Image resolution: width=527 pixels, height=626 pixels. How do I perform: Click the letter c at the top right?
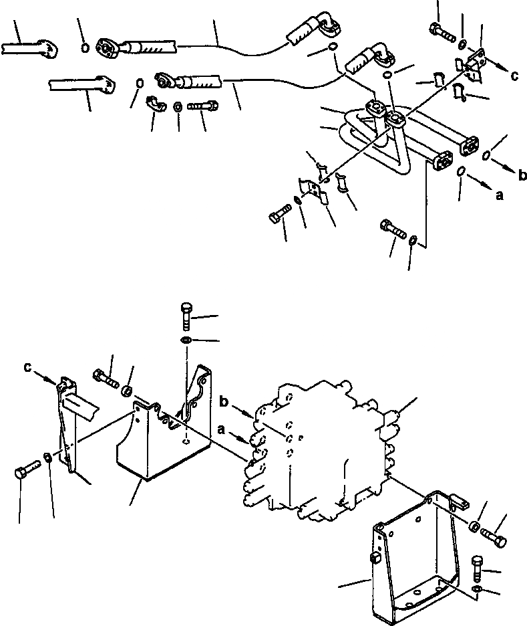click(514, 76)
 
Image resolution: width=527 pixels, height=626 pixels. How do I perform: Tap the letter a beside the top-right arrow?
click(499, 195)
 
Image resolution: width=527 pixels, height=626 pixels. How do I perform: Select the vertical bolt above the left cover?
click(186, 316)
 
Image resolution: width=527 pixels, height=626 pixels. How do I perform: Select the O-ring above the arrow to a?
click(462, 173)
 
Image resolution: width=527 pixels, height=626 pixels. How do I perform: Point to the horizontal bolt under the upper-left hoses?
click(202, 106)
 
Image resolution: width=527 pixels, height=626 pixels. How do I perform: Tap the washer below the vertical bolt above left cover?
click(186, 342)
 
